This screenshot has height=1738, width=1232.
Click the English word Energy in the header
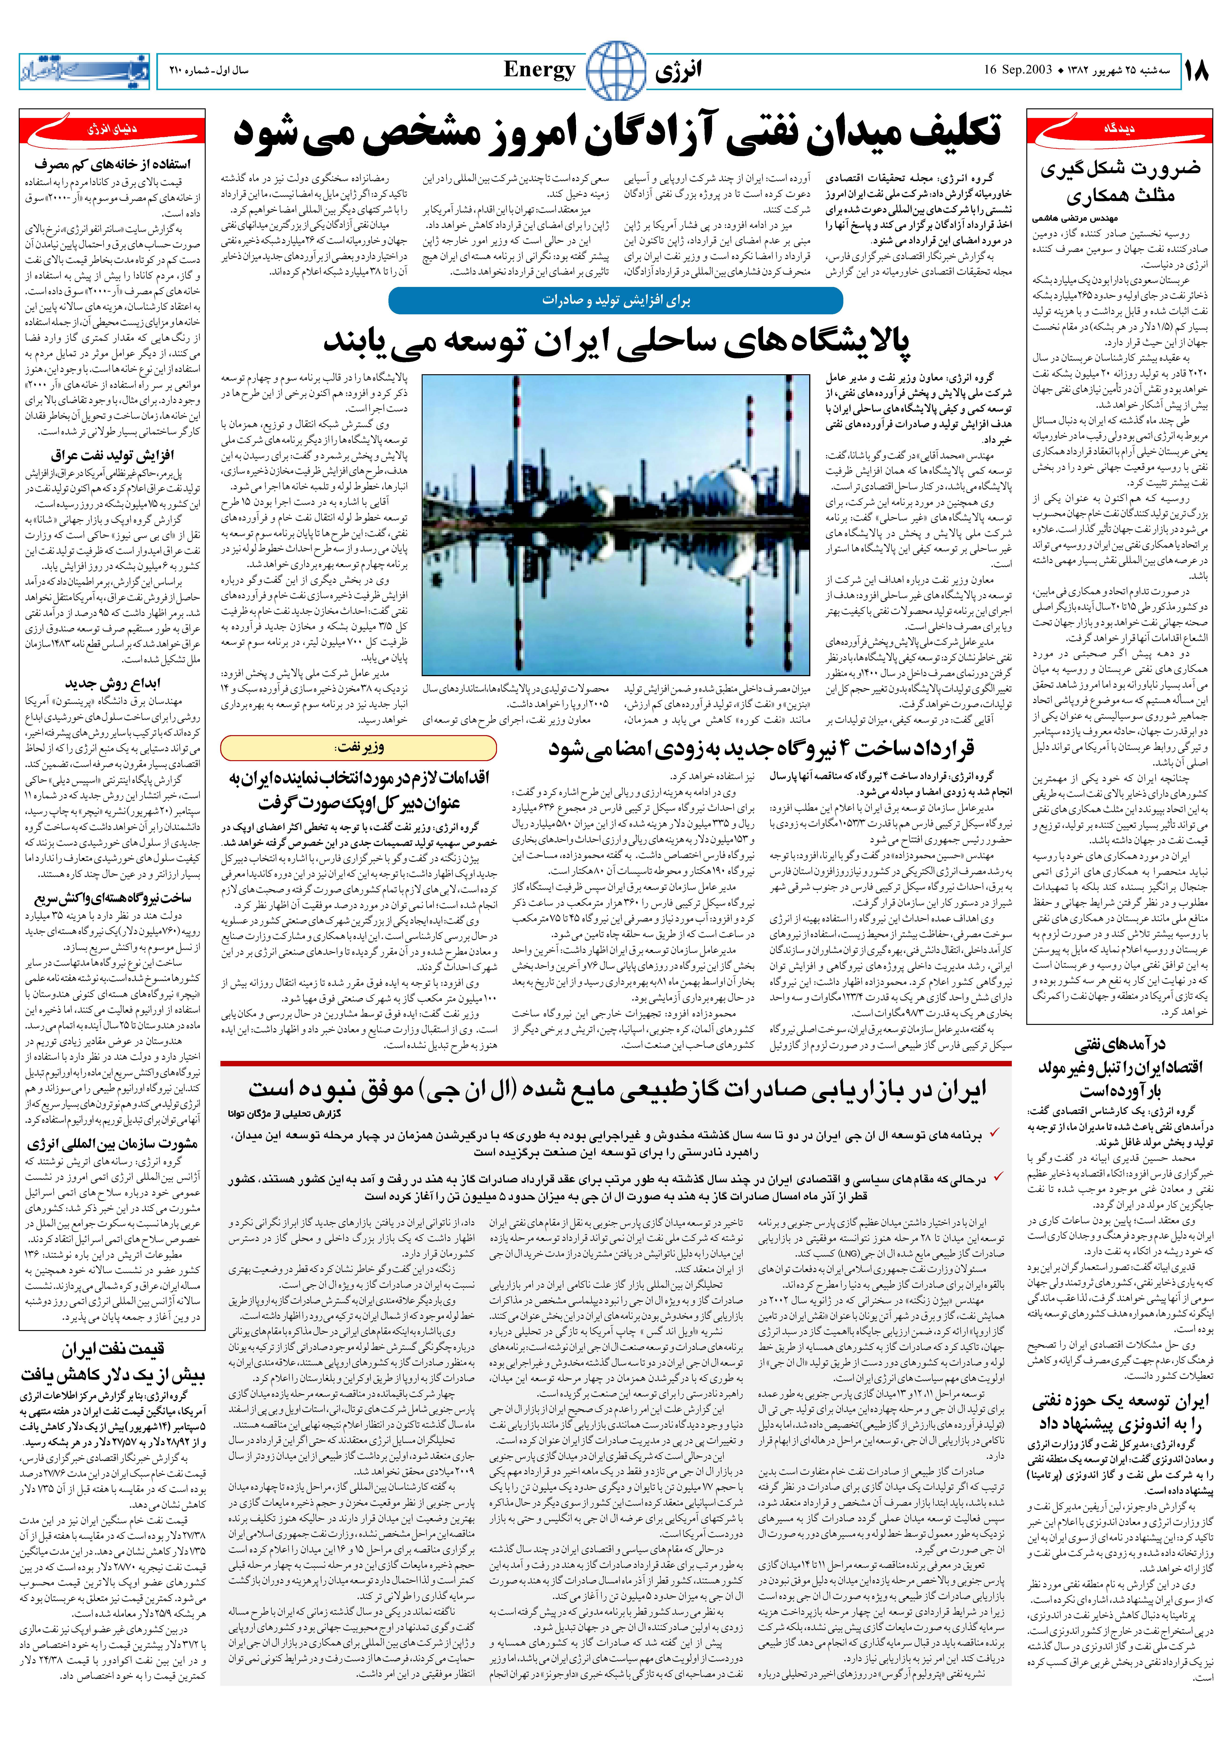pyautogui.click(x=539, y=70)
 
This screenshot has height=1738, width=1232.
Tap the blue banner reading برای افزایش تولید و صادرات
pyautogui.click(x=615, y=301)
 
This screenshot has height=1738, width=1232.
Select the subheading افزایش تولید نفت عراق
pyautogui.click(x=112, y=455)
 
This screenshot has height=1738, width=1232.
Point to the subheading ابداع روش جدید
pyautogui.click(x=112, y=683)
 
